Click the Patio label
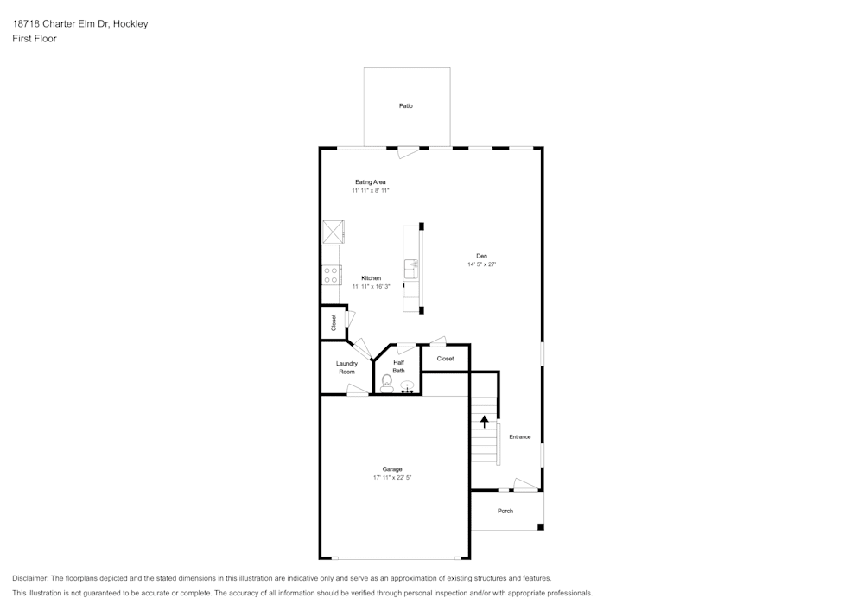[405, 105]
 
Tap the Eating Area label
[371, 181]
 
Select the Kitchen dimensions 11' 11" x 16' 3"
[371, 287]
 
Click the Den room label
[481, 256]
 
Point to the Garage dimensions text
[392, 478]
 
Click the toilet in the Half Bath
[387, 384]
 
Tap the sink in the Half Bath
[407, 386]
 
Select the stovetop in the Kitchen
[331, 275]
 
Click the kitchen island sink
[411, 270]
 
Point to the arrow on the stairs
[485, 422]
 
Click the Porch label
[505, 512]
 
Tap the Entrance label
[519, 437]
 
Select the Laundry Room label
[346, 367]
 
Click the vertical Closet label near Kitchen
[334, 323]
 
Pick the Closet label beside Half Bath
[445, 359]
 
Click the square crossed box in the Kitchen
[334, 232]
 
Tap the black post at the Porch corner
[541, 527]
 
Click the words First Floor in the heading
[35, 39]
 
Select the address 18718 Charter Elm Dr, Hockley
[79, 23]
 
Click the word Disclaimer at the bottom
[30, 578]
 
